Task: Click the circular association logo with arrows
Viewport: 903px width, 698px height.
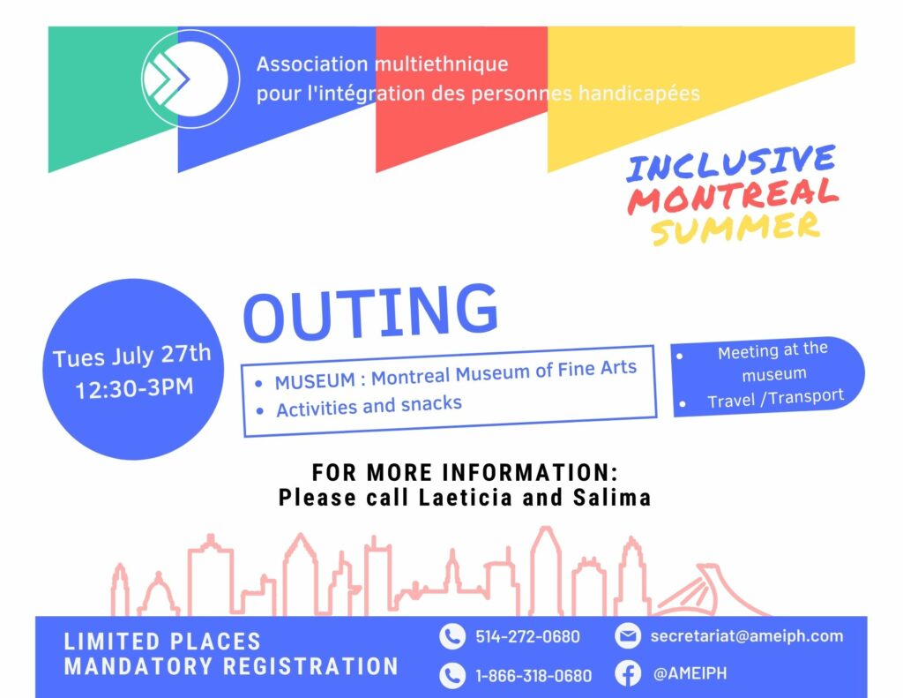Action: [190, 79]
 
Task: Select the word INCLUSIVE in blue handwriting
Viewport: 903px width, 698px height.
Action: [731, 162]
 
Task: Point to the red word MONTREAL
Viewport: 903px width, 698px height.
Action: [733, 196]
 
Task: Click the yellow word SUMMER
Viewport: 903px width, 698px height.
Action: [735, 227]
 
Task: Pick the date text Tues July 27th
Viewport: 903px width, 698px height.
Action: [132, 355]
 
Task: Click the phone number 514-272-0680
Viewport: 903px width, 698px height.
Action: [527, 636]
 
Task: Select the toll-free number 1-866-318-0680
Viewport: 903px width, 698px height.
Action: [534, 675]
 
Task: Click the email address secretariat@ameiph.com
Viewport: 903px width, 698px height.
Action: [746, 635]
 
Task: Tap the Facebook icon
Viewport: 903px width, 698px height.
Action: [628, 673]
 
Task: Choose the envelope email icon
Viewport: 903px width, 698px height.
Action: [628, 635]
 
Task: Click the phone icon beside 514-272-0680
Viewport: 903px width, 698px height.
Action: [452, 636]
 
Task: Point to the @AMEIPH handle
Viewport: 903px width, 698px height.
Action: [690, 673]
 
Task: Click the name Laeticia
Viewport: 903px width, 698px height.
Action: [466, 498]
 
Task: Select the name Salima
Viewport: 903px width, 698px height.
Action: [612, 498]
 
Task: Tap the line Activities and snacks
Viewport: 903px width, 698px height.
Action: [369, 406]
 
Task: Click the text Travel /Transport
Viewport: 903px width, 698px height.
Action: [775, 398]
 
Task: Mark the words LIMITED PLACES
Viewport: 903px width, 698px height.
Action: [162, 642]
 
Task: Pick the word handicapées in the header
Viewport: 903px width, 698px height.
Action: [639, 94]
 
